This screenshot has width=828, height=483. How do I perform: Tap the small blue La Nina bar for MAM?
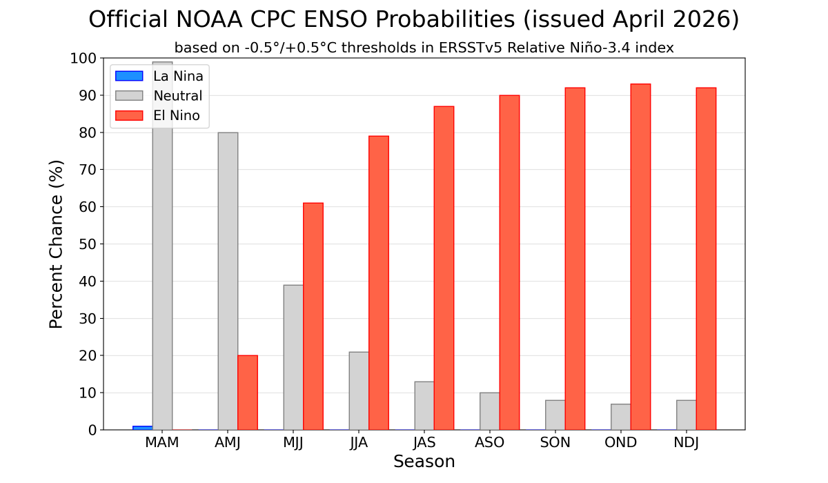(x=142, y=428)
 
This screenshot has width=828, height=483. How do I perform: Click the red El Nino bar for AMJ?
(x=248, y=393)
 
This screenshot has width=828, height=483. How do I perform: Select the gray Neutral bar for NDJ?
(x=686, y=415)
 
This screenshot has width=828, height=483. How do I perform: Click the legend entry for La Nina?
(x=178, y=77)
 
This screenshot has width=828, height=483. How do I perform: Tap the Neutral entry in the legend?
(x=177, y=96)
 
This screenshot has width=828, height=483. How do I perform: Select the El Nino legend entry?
(x=177, y=116)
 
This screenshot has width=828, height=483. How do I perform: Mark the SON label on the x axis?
(x=555, y=443)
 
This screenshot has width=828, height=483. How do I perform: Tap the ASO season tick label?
(x=489, y=443)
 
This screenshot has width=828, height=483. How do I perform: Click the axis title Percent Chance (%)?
(x=57, y=244)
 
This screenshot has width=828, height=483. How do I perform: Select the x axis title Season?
(x=424, y=462)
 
